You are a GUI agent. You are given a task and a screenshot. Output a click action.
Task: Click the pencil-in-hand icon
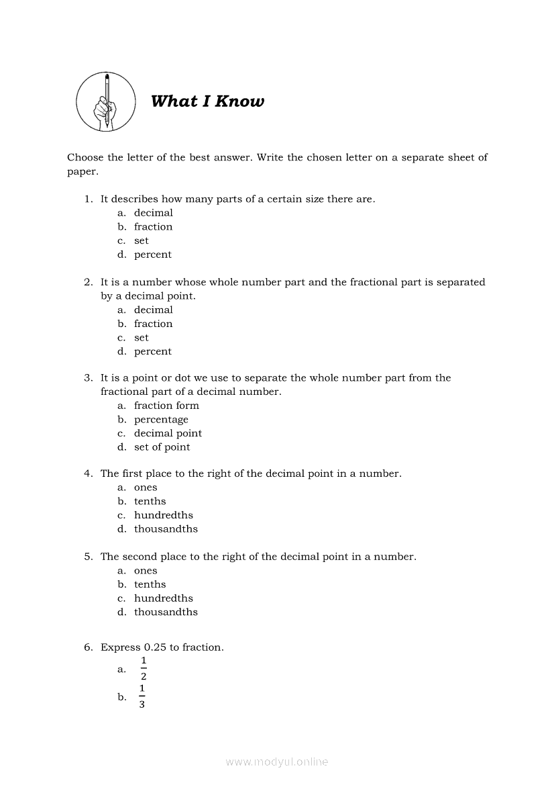tap(105, 102)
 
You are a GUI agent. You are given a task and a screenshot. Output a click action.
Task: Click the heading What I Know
tap(207, 101)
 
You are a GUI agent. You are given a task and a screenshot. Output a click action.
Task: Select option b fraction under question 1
tap(153, 227)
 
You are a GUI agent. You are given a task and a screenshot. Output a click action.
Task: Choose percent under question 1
tap(152, 255)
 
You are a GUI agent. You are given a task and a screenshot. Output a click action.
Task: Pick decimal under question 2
tap(153, 310)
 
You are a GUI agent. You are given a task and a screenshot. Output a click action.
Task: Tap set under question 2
tap(141, 338)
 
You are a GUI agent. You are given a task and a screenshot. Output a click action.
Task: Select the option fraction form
tap(166, 406)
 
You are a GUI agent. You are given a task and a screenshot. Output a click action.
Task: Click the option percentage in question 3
tap(161, 420)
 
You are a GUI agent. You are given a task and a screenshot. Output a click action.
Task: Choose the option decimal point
tap(168, 433)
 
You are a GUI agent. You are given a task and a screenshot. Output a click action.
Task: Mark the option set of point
tap(162, 447)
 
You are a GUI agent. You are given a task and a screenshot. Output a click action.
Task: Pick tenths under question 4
tap(150, 502)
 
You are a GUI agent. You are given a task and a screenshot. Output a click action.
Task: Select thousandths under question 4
tap(166, 529)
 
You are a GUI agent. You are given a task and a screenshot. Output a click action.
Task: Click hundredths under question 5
tap(163, 598)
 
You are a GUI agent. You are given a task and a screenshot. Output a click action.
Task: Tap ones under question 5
tap(145, 571)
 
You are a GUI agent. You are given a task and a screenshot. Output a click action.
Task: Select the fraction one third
tap(142, 696)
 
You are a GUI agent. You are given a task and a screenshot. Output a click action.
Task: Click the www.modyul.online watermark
tap(277, 762)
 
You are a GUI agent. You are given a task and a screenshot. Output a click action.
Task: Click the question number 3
tap(88, 378)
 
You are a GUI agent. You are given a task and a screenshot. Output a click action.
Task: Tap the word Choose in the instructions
tap(85, 157)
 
